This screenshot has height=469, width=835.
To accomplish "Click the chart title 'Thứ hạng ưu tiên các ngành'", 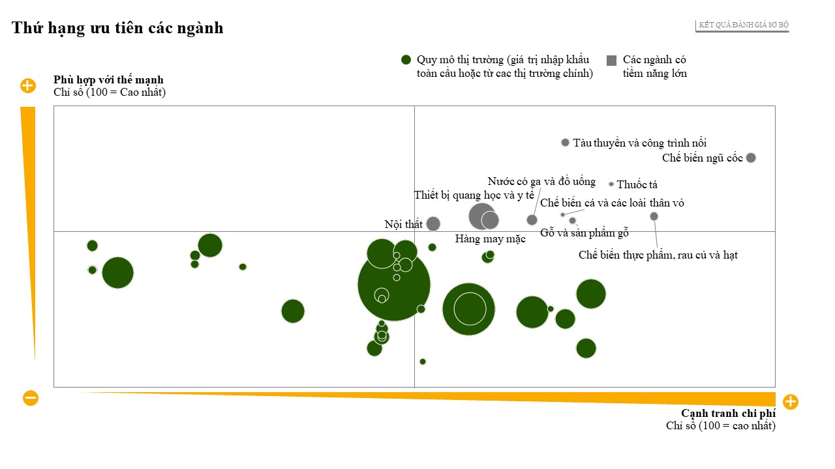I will pos(117,28).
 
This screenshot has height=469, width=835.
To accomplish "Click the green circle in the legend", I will pos(406,60).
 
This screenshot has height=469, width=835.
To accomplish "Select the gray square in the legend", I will pos(611,60).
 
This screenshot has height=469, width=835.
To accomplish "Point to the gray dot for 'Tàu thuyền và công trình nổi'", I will pos(565,143).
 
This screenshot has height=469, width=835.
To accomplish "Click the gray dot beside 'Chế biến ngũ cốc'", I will pos(751,158).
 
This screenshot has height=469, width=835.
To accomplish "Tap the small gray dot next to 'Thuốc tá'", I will pos(611,184).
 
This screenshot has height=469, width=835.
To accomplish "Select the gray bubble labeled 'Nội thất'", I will pos(433,224).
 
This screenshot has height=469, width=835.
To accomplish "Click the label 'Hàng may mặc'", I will pos(490,239).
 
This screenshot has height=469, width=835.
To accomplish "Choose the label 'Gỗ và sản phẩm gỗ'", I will pos(584,233).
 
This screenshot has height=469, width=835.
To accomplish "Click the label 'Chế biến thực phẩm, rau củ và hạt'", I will pos(658,255).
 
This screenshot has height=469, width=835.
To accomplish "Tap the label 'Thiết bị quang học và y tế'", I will pos(474,195).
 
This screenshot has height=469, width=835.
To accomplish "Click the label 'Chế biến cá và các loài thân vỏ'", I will pos(612,203).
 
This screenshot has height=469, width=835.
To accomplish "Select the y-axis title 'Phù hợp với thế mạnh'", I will pos(108,80).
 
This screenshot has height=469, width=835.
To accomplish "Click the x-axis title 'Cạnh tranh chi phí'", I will pos(728,414).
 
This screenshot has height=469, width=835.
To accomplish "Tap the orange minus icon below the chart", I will pos(31,398).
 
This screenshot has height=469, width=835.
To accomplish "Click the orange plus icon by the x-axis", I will pos(790,401).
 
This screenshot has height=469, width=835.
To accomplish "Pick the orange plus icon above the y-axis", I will pos(28,85).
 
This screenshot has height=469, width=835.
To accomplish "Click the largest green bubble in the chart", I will pos(394,284).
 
